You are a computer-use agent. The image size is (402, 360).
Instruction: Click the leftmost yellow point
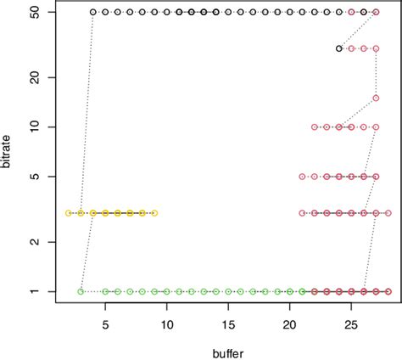click(69, 212)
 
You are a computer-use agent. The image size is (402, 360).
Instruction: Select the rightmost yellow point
click(154, 212)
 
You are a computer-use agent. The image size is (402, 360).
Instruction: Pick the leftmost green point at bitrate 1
click(81, 291)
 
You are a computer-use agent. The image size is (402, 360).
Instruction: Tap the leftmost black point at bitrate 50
click(93, 13)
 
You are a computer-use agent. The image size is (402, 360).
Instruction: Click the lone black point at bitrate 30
click(339, 48)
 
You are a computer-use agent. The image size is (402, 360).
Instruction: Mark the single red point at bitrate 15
click(376, 98)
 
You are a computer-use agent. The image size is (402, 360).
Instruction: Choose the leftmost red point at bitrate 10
click(315, 127)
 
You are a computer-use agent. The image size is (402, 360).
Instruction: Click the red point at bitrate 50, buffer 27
click(376, 13)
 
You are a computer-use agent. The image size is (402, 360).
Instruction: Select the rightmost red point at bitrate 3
click(388, 212)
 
